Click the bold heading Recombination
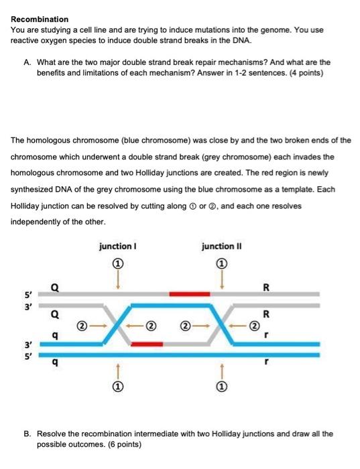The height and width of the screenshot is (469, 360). [x=40, y=19]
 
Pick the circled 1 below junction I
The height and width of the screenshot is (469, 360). [x=118, y=387]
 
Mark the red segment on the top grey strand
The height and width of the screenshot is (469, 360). [x=190, y=293]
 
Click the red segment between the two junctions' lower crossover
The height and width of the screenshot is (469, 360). [x=147, y=344]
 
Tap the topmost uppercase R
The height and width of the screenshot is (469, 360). [x=266, y=289]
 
